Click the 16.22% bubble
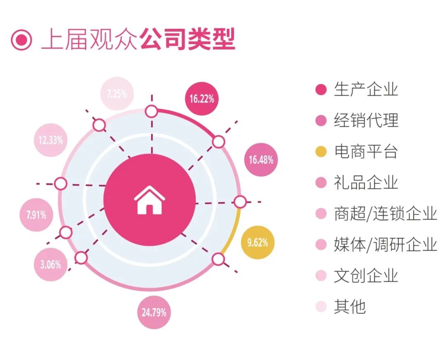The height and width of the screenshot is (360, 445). [x=201, y=99]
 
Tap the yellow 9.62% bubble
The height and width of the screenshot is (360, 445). [x=258, y=242]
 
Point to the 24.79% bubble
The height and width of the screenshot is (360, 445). [x=154, y=312]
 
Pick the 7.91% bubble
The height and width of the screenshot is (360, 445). [x=36, y=215]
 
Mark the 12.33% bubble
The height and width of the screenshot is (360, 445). [x=51, y=140]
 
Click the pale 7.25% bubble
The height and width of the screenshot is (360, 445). [x=117, y=94]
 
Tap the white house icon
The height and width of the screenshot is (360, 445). [x=149, y=200]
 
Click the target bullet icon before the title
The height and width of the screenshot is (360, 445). [x=21, y=40]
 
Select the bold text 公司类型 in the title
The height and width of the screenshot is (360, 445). [x=187, y=40]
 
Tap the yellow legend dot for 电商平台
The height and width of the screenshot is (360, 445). [x=321, y=152]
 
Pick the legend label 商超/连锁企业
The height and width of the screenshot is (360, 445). [x=385, y=214]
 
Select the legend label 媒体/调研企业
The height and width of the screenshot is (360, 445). [x=385, y=245]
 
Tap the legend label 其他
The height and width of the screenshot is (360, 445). [x=350, y=307]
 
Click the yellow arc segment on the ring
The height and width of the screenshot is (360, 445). [x=233, y=231]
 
